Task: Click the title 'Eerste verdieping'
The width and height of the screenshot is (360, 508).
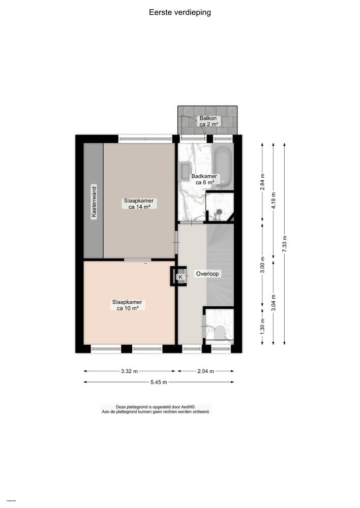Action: pyautogui.click(x=179, y=12)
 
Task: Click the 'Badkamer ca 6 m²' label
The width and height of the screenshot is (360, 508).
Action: pyautogui.click(x=202, y=179)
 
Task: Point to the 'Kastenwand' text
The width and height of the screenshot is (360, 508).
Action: pyautogui.click(x=94, y=202)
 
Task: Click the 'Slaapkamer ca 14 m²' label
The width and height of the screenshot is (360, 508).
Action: pyautogui.click(x=138, y=204)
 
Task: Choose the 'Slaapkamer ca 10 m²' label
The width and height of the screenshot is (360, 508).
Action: pyautogui.click(x=127, y=305)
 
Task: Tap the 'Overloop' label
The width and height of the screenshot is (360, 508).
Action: pyautogui.click(x=208, y=274)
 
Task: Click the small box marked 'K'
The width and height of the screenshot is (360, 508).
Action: pyautogui.click(x=180, y=277)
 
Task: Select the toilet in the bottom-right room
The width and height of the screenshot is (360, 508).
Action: pyautogui.click(x=220, y=333)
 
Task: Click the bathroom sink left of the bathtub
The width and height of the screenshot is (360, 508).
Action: pyautogui.click(x=183, y=170)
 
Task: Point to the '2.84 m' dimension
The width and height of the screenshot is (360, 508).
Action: pyautogui.click(x=262, y=181)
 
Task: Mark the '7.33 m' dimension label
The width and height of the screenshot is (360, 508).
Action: pyautogui.click(x=285, y=244)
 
